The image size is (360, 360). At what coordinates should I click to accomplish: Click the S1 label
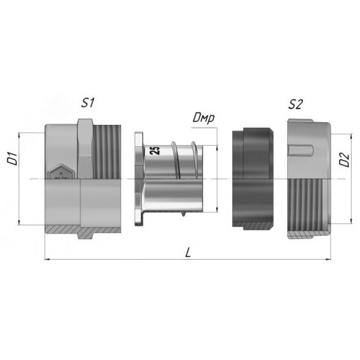point(87,102)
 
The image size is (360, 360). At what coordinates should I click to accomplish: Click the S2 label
point(295,104)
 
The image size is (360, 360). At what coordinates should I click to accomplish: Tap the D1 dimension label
point(12,159)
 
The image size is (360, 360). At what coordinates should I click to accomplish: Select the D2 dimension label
point(344,160)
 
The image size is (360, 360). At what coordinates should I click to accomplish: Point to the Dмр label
point(203,118)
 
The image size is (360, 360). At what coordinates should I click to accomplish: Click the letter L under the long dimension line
point(188,253)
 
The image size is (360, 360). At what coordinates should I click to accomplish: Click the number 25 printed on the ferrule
point(155,150)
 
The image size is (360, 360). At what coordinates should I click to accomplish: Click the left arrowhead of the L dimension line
point(47,259)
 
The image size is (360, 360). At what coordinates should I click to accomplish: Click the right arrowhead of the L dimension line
point(328,259)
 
